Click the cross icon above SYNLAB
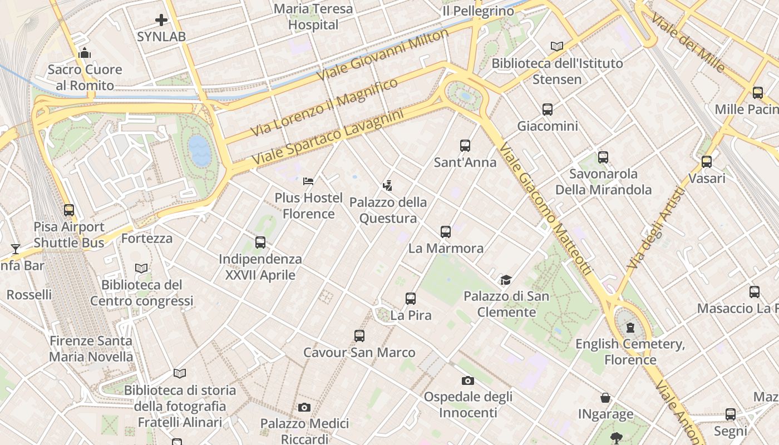click(161, 21)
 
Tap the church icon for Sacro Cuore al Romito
click(85, 53)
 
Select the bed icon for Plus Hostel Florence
click(308, 181)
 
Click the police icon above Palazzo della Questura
click(388, 186)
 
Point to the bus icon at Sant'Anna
click(465, 146)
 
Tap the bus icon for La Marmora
click(446, 232)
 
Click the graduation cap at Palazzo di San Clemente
click(506, 280)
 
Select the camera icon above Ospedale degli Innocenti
click(468, 380)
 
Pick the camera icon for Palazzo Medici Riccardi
click(304, 408)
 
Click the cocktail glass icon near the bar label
click(15, 249)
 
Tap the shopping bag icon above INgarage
click(605, 398)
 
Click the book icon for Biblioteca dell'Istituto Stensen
click(557, 47)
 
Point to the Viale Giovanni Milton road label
click(383, 55)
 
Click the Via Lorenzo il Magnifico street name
click(324, 107)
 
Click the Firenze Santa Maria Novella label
click(91, 349)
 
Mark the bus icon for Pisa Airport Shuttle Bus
click(69, 210)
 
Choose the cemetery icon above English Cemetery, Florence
click(630, 328)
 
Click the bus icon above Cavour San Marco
click(359, 336)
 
